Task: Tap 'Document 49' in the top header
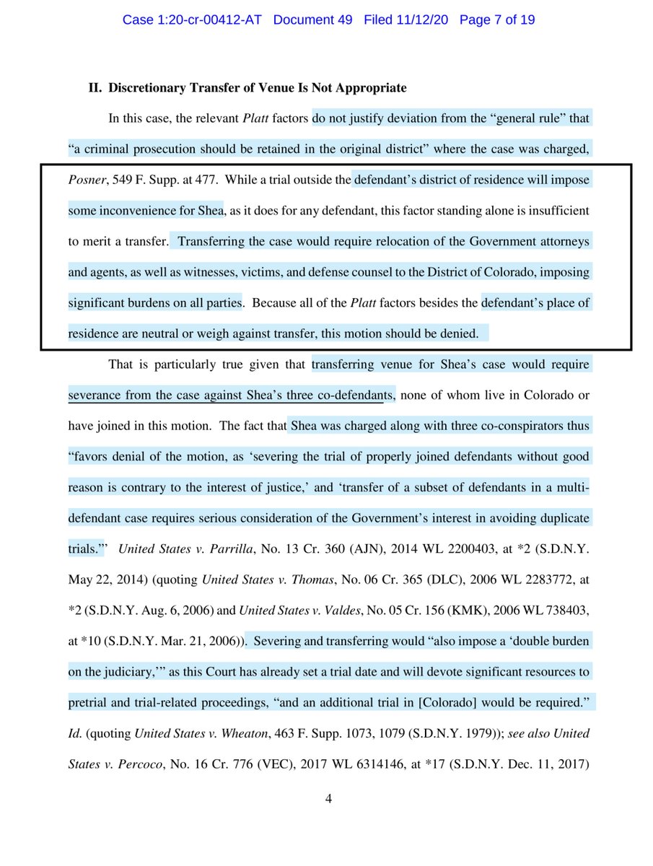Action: (x=313, y=19)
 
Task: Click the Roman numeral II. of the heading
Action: (x=95, y=88)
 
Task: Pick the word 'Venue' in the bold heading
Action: (x=244, y=88)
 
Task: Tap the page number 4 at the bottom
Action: (x=327, y=799)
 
